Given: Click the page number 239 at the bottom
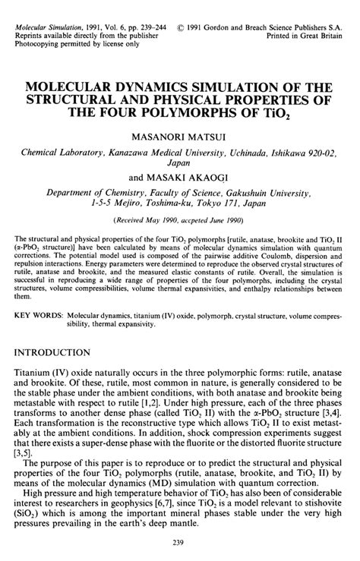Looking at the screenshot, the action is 180,542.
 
